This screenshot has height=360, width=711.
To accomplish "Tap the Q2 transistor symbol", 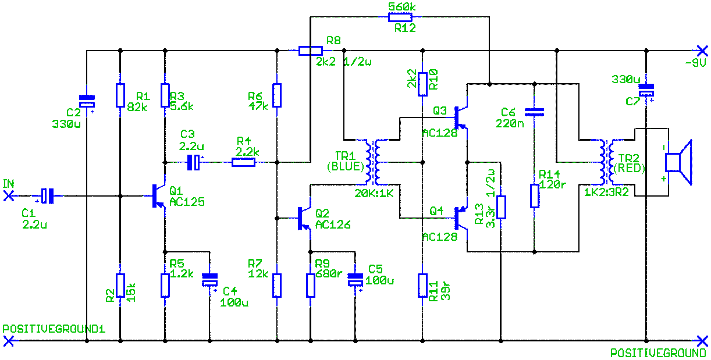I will [x=304, y=218].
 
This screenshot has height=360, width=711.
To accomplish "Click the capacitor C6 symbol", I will [x=534, y=110].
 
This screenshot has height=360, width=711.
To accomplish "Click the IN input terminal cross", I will [x=8, y=197].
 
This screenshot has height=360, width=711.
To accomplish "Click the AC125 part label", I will [x=187, y=202].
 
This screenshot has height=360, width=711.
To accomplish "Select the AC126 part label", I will [x=333, y=224].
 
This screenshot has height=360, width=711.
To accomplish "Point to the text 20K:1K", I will [x=374, y=193].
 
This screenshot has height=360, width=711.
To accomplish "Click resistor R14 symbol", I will [x=535, y=196].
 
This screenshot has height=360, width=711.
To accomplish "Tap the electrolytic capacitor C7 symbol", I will [x=646, y=90].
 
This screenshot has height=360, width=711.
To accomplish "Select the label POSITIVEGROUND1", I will [x=54, y=329].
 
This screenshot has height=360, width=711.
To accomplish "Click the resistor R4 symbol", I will [x=243, y=163].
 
